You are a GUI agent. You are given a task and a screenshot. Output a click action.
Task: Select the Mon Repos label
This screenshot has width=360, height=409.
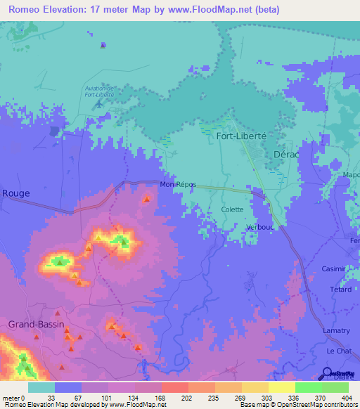(x=178, y=184)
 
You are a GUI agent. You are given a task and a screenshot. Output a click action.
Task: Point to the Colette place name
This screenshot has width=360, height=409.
(x=232, y=209)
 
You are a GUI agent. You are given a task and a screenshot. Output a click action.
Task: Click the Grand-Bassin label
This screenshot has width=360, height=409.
(x=36, y=324)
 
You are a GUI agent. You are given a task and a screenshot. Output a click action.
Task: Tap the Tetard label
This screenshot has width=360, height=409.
(x=340, y=290)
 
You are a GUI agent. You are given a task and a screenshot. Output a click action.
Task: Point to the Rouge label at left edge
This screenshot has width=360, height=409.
(x=14, y=193)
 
